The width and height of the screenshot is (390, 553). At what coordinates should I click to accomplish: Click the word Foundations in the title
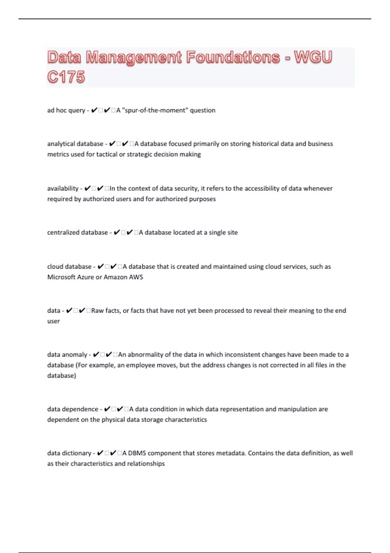(233, 58)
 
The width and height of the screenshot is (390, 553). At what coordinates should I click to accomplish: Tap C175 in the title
(66, 77)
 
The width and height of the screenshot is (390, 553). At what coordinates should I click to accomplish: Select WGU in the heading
(313, 58)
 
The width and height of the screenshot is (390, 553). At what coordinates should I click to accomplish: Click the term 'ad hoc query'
(66, 110)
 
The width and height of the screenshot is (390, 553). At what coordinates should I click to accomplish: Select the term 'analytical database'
(75, 144)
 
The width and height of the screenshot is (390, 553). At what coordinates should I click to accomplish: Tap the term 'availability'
(63, 188)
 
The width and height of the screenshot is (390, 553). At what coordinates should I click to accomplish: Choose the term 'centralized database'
(77, 233)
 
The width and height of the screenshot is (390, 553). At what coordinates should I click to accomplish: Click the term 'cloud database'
(69, 267)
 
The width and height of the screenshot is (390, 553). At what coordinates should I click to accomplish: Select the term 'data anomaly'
(67, 355)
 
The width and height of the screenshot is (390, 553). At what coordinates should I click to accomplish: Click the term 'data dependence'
(72, 409)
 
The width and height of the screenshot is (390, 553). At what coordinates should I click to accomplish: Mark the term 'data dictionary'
(69, 453)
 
